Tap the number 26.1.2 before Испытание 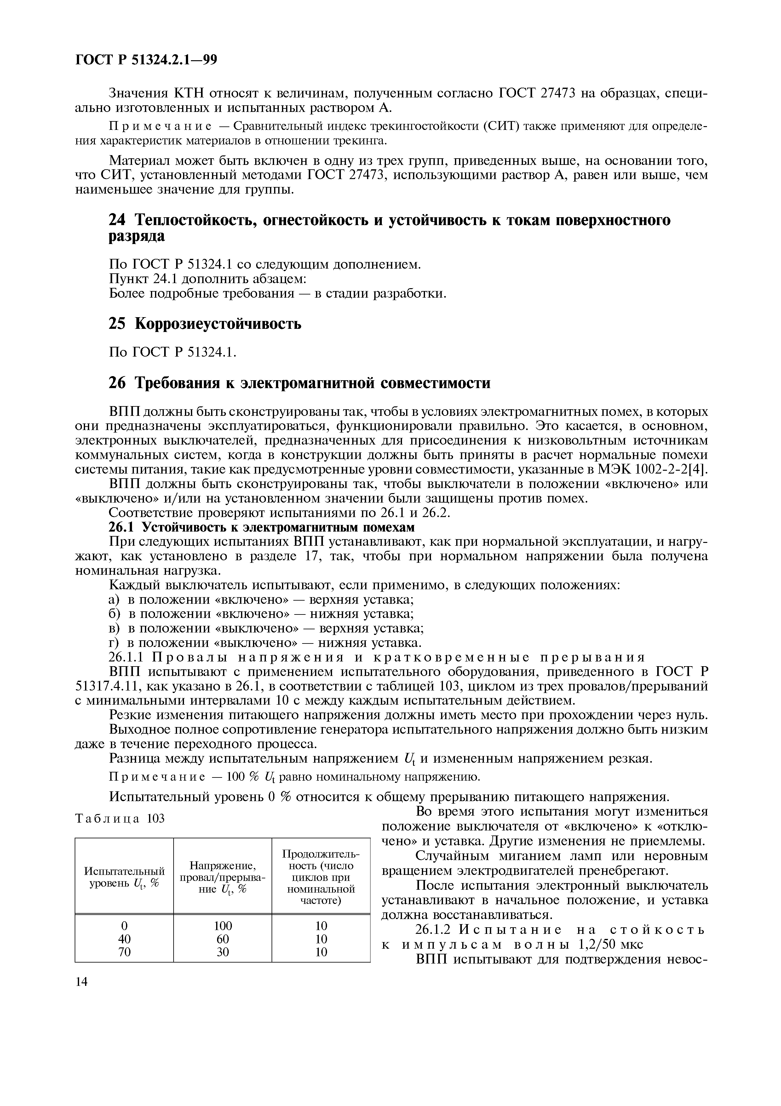434,930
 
